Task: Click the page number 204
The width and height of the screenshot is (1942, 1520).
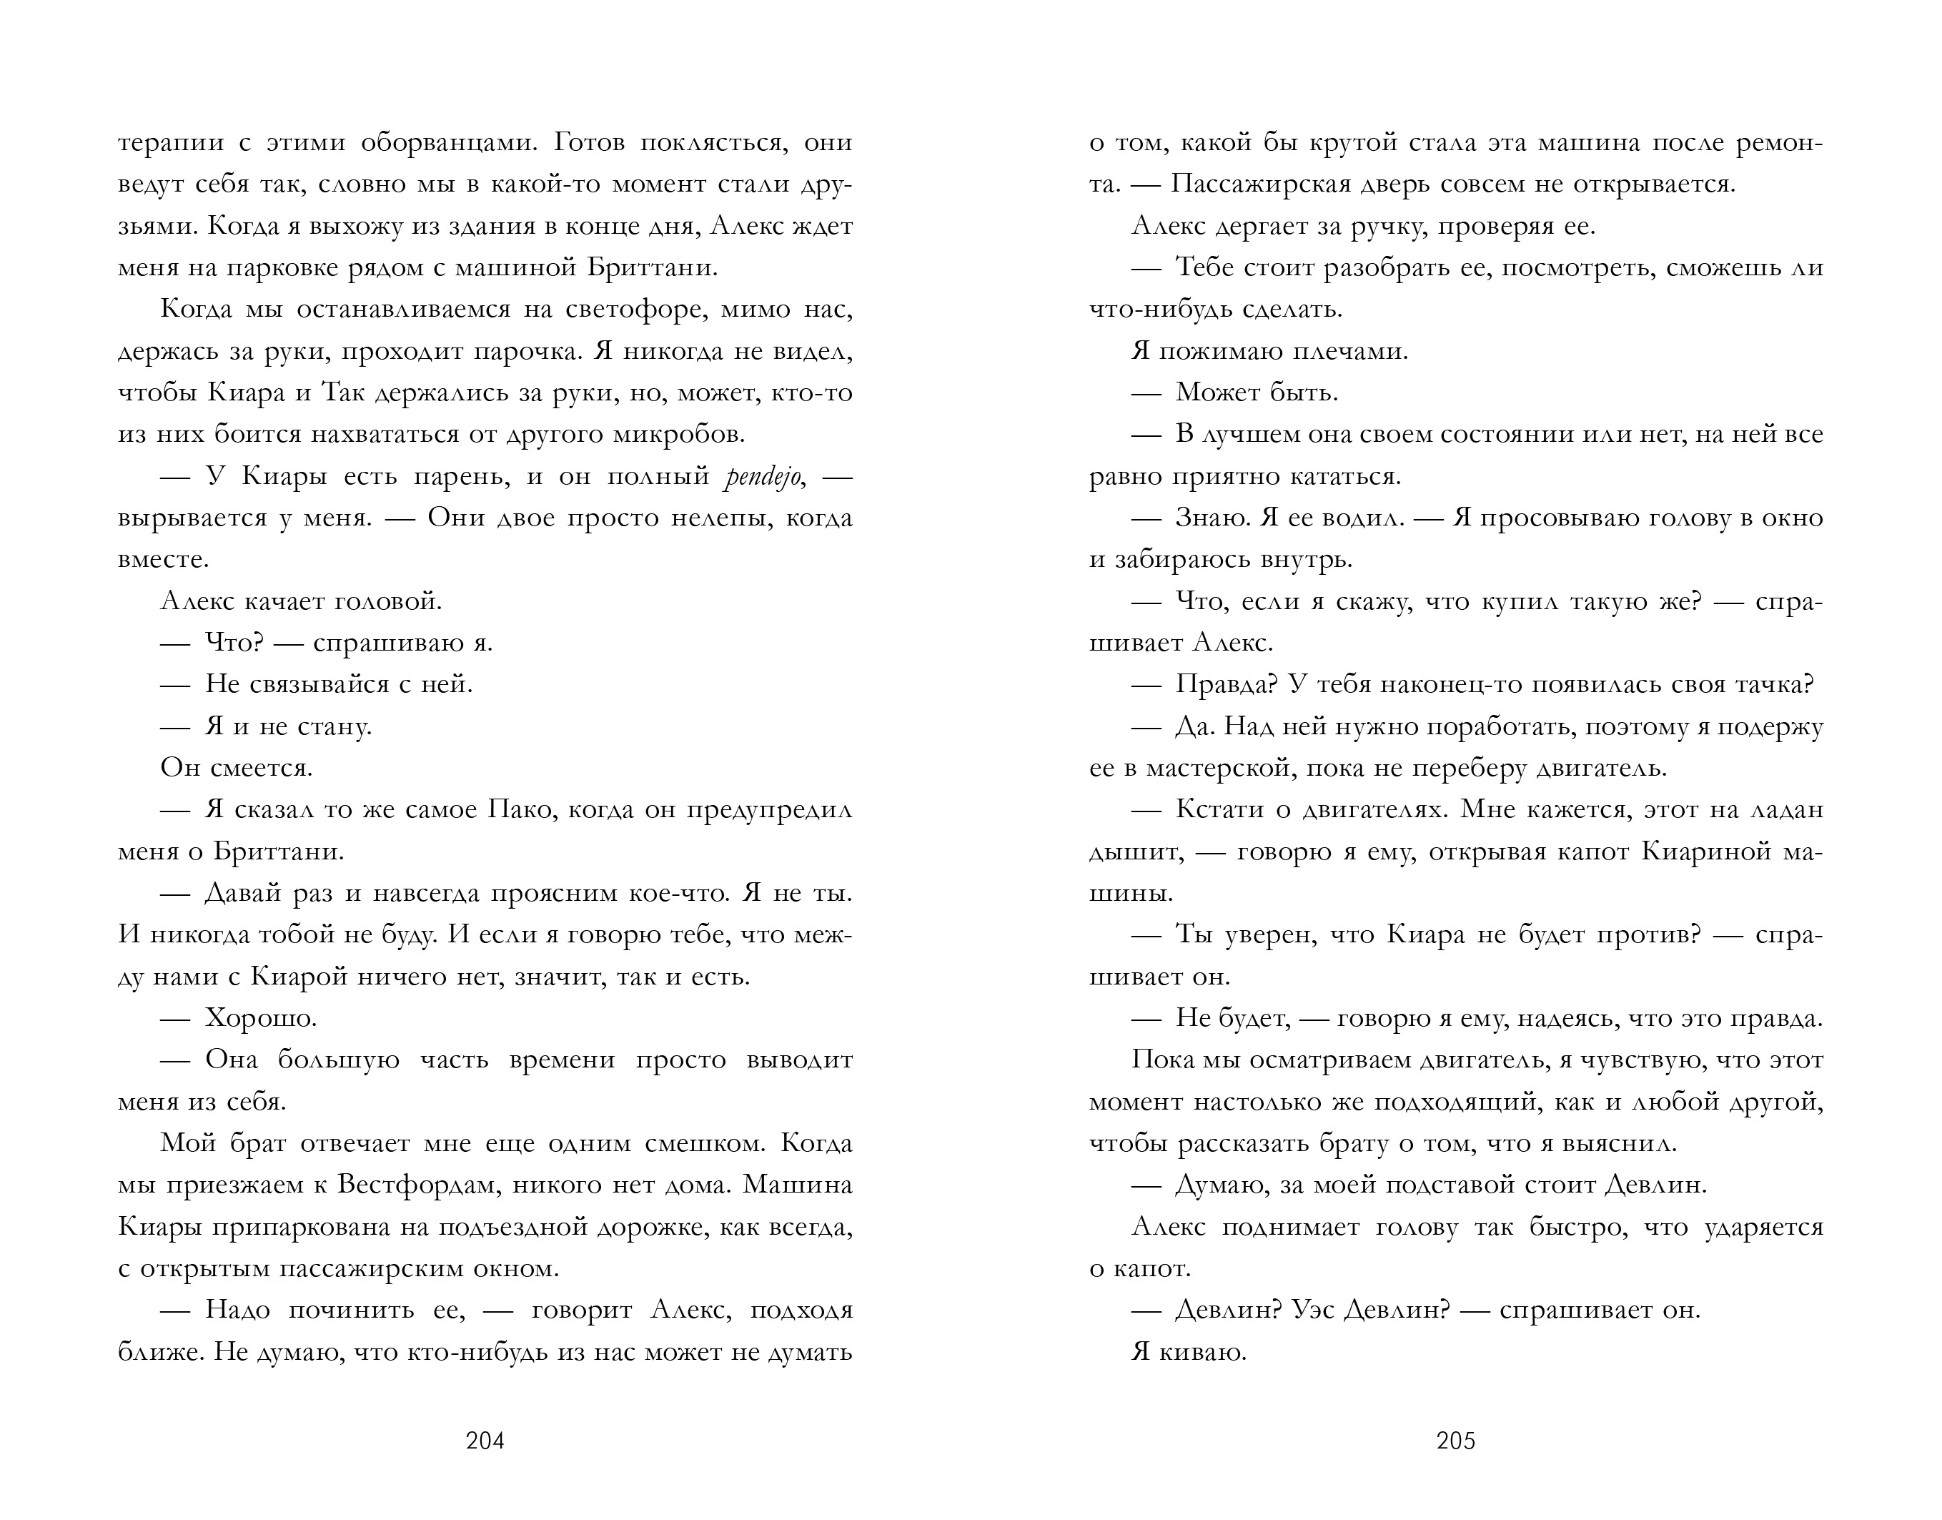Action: (x=485, y=1441)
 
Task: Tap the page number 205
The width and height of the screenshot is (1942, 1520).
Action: (x=1455, y=1441)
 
